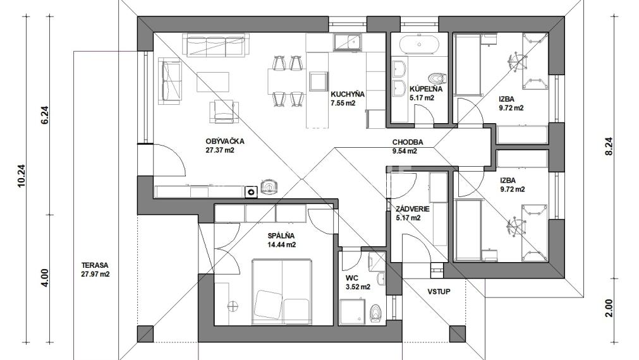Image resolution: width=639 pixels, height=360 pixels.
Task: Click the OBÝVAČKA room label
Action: pos(224,141)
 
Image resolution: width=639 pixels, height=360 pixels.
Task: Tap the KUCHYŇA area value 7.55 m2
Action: pos(343,103)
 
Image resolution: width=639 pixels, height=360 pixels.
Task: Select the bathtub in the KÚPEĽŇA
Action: pos(419,45)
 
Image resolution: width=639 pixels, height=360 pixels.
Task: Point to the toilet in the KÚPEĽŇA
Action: pos(437,78)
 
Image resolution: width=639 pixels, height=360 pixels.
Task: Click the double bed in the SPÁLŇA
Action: pos(283,291)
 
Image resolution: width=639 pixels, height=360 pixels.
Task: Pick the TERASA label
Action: pos(95,265)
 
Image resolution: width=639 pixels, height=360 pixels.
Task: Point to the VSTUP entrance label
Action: pos(439,292)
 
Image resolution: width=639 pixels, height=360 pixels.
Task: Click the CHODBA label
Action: pos(408,142)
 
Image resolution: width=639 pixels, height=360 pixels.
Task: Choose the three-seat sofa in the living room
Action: pos(216,45)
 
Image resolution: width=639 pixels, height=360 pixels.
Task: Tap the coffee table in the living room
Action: pos(213,82)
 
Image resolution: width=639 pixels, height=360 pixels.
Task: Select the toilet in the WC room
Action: pos(375,313)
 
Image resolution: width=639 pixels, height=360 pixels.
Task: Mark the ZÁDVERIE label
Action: pos(413,209)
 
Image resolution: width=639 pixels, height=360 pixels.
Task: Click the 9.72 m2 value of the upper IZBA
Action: pos(511,108)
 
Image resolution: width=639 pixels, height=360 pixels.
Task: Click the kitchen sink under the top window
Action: pos(347,42)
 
